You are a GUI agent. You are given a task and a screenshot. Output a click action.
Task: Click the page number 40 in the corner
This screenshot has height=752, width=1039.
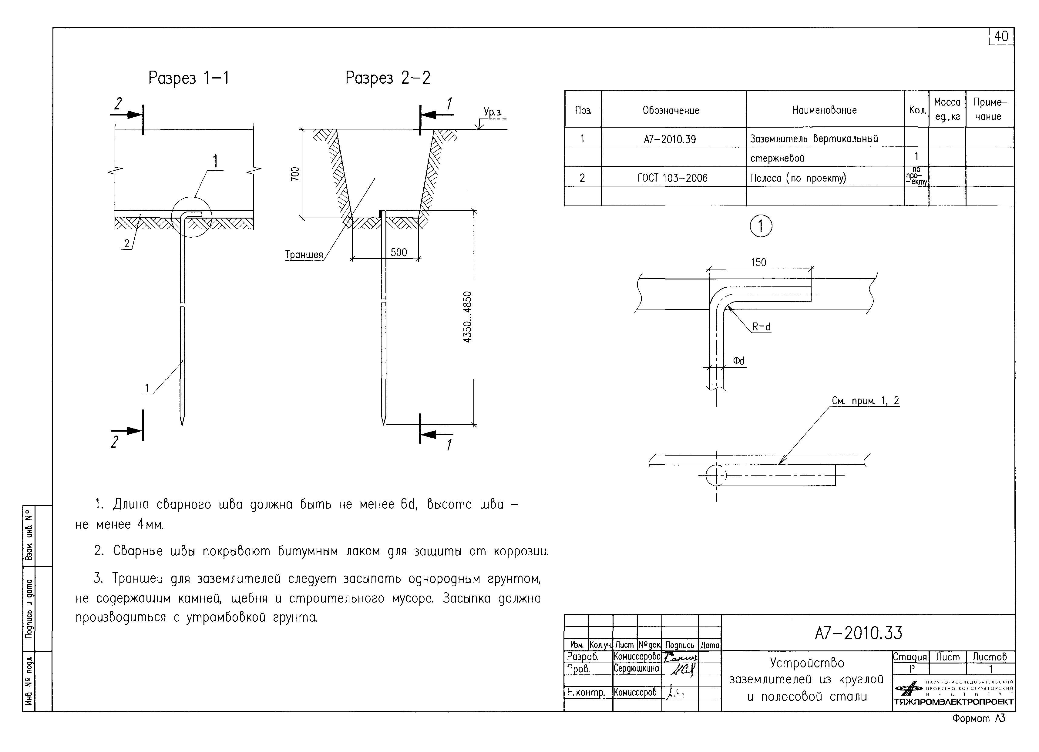[1001, 37]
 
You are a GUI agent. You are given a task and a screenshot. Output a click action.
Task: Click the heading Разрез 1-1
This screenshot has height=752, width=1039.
[188, 78]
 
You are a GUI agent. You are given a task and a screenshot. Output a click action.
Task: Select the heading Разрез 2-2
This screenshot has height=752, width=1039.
[388, 78]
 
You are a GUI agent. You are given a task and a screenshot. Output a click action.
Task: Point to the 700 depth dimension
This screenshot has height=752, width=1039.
[295, 174]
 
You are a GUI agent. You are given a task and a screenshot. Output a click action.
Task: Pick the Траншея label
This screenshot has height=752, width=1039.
[304, 255]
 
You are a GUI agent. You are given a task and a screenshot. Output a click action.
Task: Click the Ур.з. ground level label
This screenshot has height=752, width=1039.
[493, 112]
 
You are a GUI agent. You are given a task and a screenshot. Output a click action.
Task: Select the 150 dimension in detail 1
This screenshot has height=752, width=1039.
[758, 262]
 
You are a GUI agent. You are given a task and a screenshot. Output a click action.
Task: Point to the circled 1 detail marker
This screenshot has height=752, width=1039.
[761, 226]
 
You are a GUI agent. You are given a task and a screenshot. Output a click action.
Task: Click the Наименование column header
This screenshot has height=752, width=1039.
[824, 110]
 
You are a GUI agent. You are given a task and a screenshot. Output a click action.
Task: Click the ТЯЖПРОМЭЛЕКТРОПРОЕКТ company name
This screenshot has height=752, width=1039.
[953, 702]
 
